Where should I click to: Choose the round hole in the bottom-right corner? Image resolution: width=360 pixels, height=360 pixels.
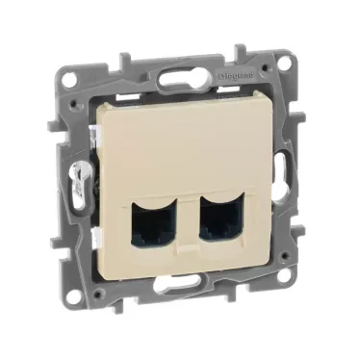[282, 276]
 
